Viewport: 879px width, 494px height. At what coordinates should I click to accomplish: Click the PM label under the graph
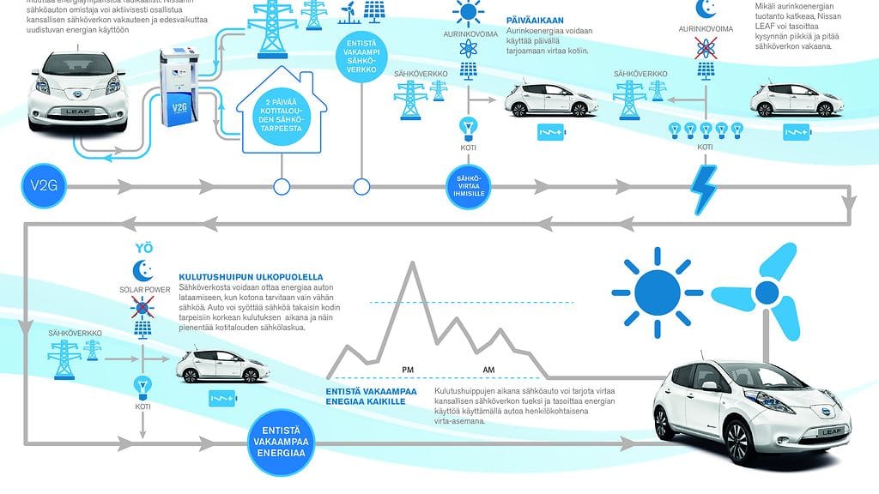[x=409, y=369]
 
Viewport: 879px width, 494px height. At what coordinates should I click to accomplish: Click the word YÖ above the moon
[x=143, y=249]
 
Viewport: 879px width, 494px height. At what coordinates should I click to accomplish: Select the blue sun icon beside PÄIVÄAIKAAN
[x=469, y=13]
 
